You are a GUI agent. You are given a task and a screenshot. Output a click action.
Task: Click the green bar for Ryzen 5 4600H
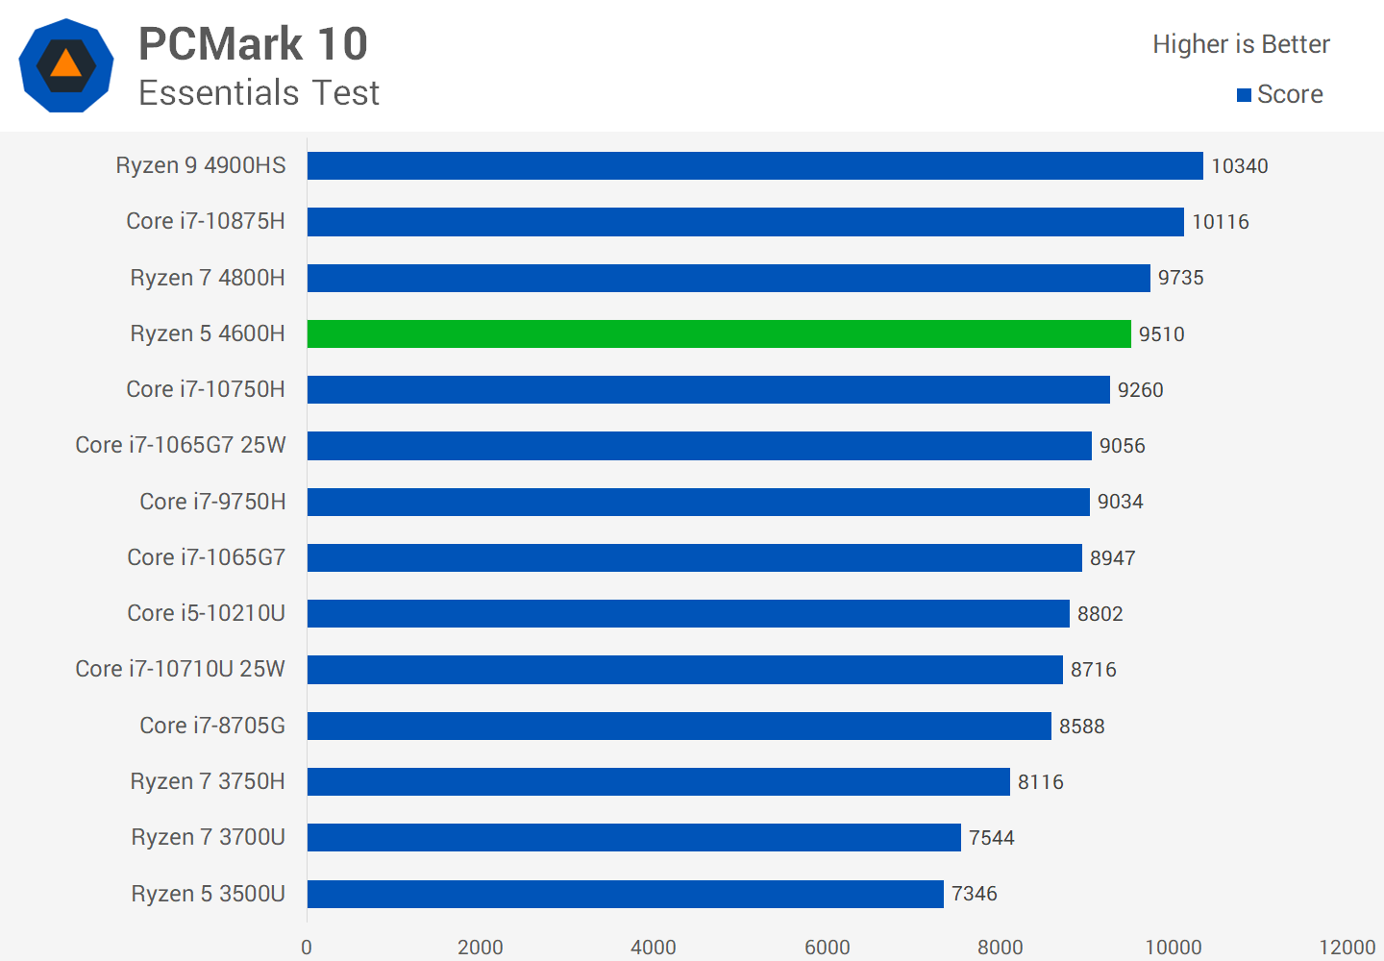719,333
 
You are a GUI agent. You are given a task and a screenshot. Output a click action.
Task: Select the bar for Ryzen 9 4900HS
754,165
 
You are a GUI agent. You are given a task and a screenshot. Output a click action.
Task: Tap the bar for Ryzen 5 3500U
625,894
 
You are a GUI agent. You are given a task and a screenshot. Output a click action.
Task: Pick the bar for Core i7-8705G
679,726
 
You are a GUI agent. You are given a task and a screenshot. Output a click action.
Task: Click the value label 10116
1221,222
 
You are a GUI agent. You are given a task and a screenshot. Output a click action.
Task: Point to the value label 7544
991,838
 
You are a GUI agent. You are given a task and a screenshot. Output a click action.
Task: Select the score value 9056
1123,446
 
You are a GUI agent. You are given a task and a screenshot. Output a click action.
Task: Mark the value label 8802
1100,614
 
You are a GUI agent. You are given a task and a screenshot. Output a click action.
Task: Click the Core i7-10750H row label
206,389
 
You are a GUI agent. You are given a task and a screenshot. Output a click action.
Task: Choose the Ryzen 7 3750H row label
208,781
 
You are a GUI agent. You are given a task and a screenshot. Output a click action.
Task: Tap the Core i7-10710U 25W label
181,669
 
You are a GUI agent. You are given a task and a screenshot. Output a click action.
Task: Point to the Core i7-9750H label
212,502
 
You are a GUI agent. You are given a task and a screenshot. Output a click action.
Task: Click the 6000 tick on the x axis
827,948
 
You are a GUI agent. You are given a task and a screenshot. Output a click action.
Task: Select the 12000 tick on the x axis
1347,948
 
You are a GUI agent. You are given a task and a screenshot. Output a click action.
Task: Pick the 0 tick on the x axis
307,948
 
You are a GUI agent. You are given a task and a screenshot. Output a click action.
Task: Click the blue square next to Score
1244,95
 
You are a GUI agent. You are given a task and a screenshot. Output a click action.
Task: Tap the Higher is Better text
1241,44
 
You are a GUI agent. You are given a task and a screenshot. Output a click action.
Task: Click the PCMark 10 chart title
253,44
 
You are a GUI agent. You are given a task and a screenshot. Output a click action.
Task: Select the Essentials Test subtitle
259,93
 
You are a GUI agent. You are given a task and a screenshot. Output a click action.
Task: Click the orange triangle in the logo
65,64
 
